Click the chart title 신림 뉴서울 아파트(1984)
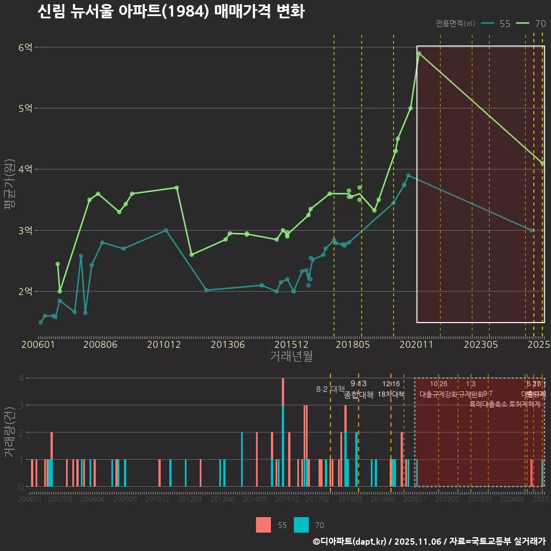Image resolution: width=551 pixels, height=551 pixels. click(x=170, y=11)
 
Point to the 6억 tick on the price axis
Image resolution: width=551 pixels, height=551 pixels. click(x=25, y=48)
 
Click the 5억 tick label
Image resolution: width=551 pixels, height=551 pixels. click(x=25, y=108)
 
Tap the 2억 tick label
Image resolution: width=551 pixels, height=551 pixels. click(x=25, y=292)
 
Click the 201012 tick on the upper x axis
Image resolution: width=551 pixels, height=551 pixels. click(x=164, y=345)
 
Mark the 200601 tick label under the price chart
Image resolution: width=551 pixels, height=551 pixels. click(x=38, y=345)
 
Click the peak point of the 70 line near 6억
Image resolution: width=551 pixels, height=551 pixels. click(x=420, y=53)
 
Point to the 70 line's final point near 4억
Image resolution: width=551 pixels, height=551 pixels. click(x=542, y=163)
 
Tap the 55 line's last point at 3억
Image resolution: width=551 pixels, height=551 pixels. click(x=532, y=230)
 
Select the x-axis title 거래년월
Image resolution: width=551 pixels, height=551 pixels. click(x=291, y=356)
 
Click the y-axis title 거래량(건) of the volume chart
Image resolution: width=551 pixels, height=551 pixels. click(x=9, y=432)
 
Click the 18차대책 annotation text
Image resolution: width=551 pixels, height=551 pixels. click(x=391, y=394)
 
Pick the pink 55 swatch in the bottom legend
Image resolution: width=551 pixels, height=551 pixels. click(x=263, y=525)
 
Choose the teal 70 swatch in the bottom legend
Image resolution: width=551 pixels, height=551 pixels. click(x=301, y=525)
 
